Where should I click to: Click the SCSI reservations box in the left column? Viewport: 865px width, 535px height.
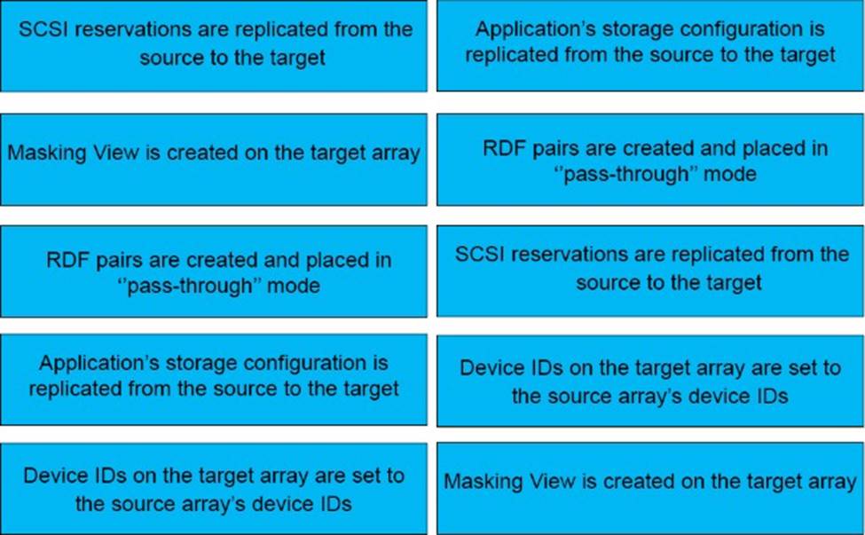pos(214,46)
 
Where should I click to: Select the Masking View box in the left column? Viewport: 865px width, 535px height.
pos(214,160)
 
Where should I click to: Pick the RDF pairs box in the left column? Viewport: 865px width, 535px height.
pos(214,271)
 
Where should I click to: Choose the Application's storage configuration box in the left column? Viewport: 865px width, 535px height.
pos(214,380)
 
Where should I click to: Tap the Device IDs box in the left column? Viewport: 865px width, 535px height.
pos(214,489)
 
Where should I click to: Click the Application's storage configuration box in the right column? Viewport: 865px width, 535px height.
pos(650,45)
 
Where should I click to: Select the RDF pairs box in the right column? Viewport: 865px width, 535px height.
pos(650,160)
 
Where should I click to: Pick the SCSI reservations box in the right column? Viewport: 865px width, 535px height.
pos(650,271)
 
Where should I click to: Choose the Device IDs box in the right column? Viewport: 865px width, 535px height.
pos(650,381)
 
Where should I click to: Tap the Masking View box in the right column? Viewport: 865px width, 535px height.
pos(650,489)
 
